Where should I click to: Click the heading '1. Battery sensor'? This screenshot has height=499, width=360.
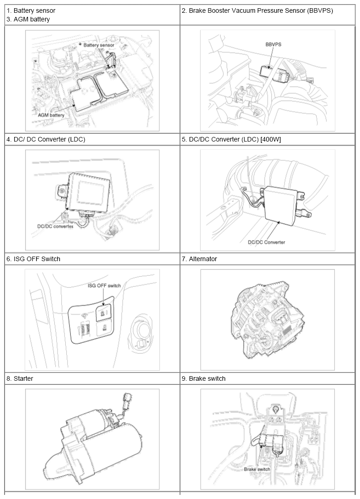pyautogui.click(x=31, y=11)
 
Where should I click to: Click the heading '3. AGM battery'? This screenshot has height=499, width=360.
pyautogui.click(x=28, y=20)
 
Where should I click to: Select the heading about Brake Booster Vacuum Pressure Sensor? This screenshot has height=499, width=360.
pyautogui.click(x=257, y=11)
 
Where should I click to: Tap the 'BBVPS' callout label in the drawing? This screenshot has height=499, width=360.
pyautogui.click(x=273, y=44)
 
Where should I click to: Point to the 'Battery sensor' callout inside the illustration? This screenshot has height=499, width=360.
pyautogui.click(x=99, y=45)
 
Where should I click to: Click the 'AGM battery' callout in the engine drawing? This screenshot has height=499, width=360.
pyautogui.click(x=51, y=115)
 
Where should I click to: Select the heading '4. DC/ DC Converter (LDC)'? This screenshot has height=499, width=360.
pyautogui.click(x=46, y=139)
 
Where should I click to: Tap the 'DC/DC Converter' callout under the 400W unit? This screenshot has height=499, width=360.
pyautogui.click(x=266, y=242)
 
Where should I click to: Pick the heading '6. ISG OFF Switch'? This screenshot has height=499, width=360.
pyautogui.click(x=33, y=259)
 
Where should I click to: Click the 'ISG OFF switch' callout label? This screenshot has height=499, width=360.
pyautogui.click(x=104, y=286)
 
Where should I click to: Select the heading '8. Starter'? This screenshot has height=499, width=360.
pyautogui.click(x=20, y=379)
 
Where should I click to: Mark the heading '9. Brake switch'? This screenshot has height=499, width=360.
pyautogui.click(x=204, y=379)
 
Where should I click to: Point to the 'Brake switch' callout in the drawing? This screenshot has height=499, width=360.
pyautogui.click(x=257, y=469)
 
